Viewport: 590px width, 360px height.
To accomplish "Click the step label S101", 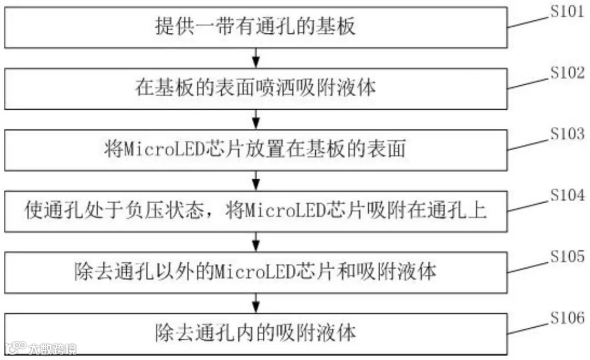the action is pyautogui.click(x=567, y=11).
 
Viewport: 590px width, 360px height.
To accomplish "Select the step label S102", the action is pyautogui.click(x=567, y=73).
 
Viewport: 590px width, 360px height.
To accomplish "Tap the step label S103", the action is pyautogui.click(x=567, y=133).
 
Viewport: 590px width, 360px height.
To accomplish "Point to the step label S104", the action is pyautogui.click(x=567, y=194).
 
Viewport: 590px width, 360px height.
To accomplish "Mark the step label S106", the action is pyautogui.click(x=567, y=317).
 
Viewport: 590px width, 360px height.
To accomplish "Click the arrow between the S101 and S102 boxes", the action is pyautogui.click(x=256, y=57).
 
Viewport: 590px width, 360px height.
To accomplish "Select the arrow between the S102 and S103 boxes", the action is pyautogui.click(x=256, y=119).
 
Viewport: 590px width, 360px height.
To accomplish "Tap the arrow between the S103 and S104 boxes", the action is pyautogui.click(x=256, y=180).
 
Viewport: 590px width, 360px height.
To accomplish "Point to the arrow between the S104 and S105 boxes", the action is pyautogui.click(x=256, y=241).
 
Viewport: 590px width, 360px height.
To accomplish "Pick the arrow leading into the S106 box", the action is pyautogui.click(x=256, y=302).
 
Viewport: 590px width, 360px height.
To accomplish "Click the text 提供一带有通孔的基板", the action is pyautogui.click(x=256, y=26).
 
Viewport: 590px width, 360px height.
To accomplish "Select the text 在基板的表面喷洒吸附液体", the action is pyautogui.click(x=256, y=88).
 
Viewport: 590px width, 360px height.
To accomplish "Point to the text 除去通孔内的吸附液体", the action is pyautogui.click(x=256, y=332).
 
